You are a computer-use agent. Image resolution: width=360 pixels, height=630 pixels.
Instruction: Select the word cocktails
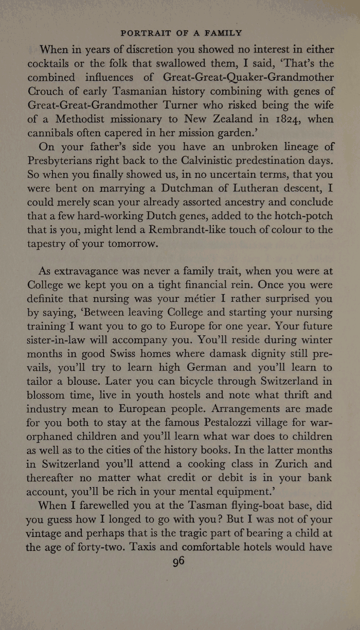[x=59, y=64]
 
